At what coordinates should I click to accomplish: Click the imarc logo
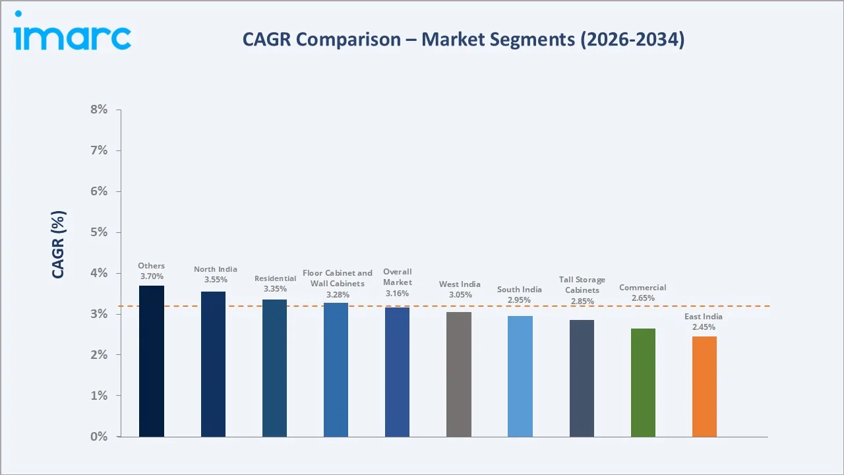[73, 31]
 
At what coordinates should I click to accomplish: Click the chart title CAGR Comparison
[321, 40]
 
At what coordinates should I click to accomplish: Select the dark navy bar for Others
[152, 361]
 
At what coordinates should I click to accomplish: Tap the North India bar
[213, 364]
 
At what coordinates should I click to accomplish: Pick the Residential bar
[274, 368]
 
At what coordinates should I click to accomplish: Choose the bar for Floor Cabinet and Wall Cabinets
[336, 370]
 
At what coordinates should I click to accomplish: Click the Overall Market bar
[397, 372]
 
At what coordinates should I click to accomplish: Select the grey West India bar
[458, 374]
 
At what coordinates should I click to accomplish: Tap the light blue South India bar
[520, 377]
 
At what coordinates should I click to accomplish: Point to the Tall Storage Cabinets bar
[582, 379]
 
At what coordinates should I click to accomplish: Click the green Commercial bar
[643, 383]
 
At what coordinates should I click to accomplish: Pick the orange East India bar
[704, 387]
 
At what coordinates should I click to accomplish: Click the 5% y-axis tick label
[99, 232]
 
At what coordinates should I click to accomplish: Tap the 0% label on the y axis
[99, 437]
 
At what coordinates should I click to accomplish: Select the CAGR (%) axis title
[58, 245]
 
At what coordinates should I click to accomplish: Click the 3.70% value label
[152, 276]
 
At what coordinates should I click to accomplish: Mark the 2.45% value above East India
[704, 327]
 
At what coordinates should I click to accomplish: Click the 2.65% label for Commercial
[643, 298]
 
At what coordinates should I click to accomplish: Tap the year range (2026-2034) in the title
[632, 40]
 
